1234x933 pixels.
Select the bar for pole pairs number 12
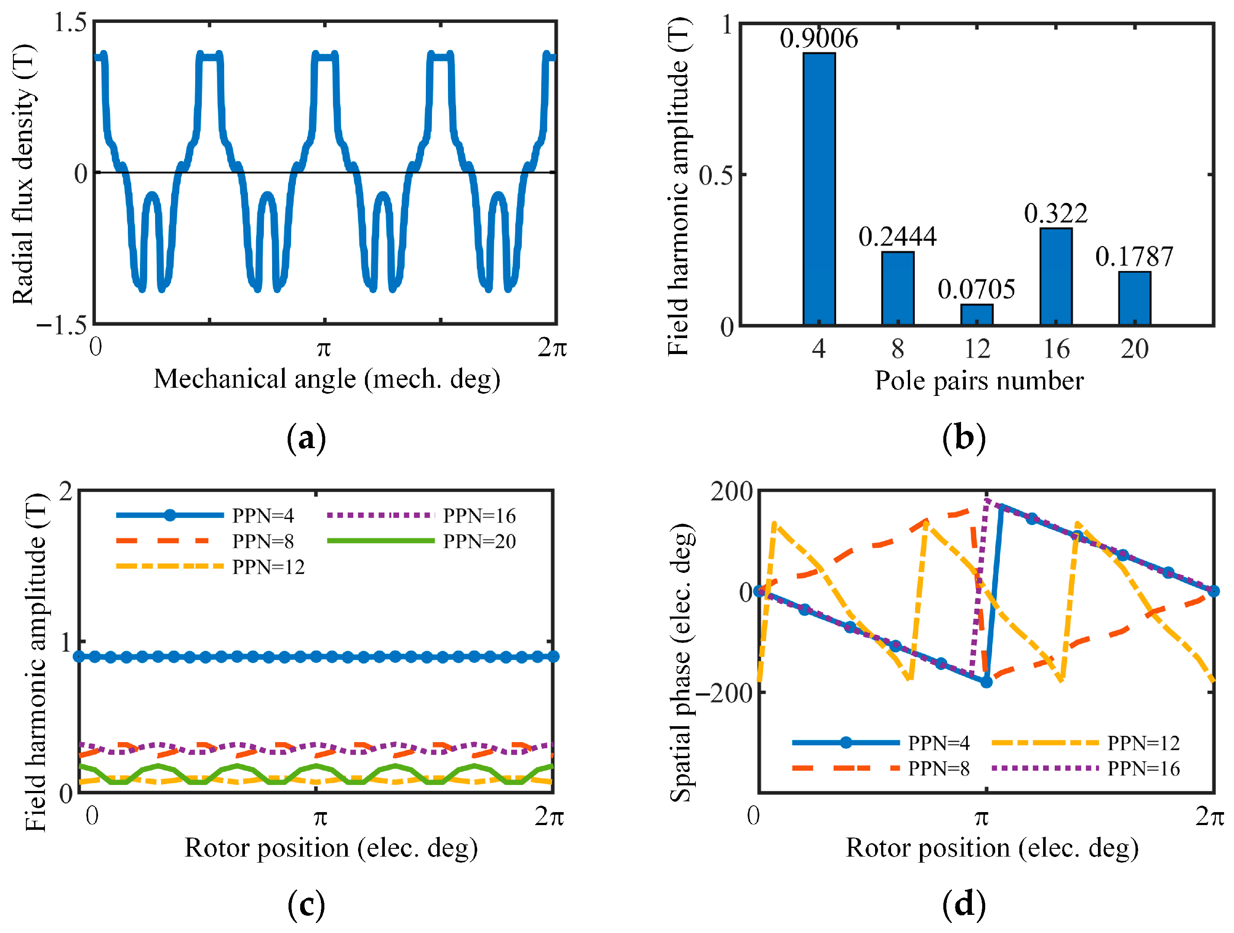click(976, 315)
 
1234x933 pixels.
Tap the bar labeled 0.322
click(1056, 276)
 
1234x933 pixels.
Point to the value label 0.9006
click(818, 38)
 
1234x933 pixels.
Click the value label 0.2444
click(897, 237)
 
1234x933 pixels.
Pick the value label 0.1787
click(1134, 256)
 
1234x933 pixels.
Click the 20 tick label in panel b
click(1134, 350)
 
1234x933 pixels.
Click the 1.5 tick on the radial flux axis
click(70, 23)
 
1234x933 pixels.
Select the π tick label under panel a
click(324, 348)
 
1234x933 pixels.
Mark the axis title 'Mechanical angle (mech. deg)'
click(327, 379)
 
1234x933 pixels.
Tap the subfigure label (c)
click(306, 905)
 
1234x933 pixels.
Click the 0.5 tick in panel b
click(715, 175)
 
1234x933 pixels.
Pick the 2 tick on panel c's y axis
click(66, 492)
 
